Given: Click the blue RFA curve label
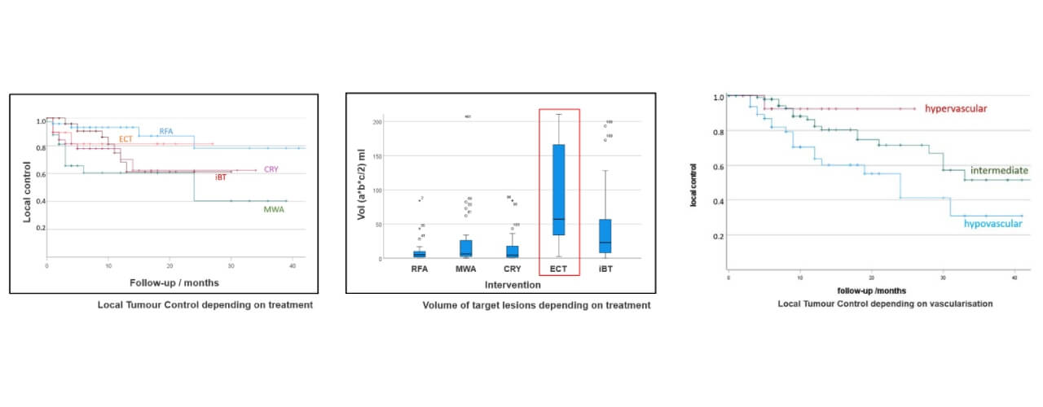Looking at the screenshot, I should click(166, 130).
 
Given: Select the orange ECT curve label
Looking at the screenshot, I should click(126, 139).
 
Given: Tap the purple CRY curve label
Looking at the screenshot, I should click(271, 169).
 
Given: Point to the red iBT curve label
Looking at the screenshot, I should click(221, 177).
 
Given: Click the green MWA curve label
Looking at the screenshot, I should click(274, 209).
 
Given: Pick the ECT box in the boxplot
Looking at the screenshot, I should click(559, 190).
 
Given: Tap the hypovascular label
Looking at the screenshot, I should click(993, 224).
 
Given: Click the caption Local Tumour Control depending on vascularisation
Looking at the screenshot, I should click(874, 304).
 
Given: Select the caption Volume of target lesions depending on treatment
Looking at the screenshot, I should click(536, 305).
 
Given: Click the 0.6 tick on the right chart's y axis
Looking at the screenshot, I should click(718, 166).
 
